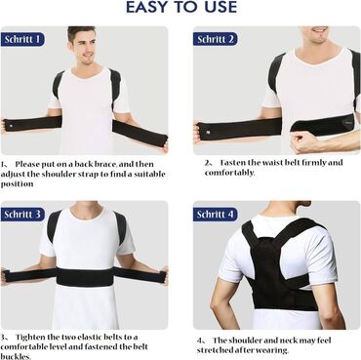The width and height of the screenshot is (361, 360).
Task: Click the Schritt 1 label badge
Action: (22, 39)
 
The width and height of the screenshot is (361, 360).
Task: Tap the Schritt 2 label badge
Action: (216, 39)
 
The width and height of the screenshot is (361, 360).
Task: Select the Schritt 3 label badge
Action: (22, 215)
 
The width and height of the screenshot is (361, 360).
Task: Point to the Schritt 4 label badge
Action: (216, 215)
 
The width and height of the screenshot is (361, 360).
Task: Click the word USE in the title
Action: (219, 7)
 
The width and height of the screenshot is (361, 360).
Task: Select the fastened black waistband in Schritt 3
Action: (85, 276)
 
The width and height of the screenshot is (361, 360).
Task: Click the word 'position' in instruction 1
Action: (17, 184)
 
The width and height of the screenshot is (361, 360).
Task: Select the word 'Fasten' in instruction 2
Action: (233, 162)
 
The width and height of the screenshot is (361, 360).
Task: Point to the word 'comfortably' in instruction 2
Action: (229, 173)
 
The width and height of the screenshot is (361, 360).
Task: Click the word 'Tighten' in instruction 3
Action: (30, 337)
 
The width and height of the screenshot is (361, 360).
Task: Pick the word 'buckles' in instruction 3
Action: (16, 356)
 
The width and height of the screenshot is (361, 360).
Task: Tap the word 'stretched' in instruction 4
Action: (216, 350)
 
